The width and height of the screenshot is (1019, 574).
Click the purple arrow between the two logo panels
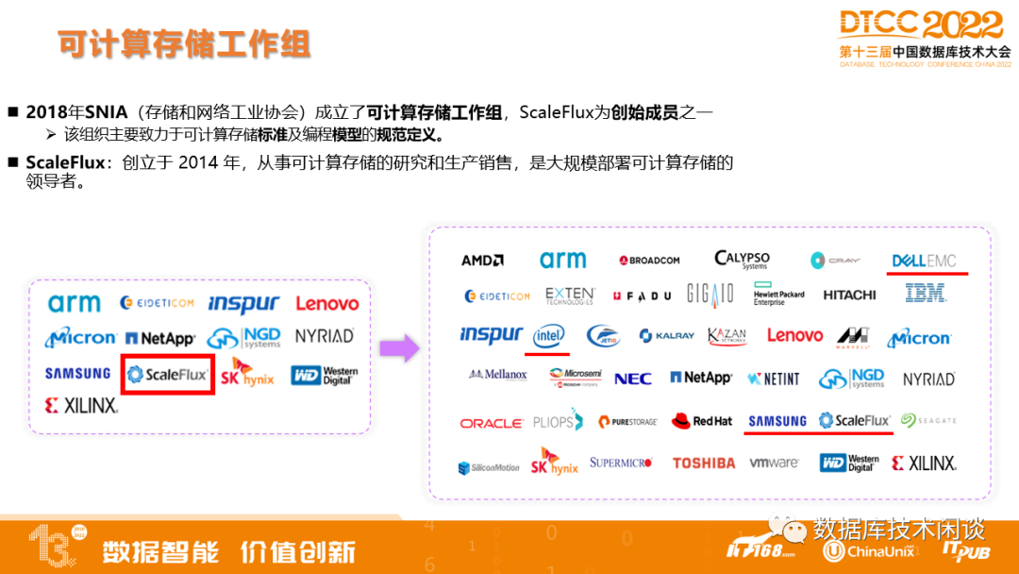(399, 348)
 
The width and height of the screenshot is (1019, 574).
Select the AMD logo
(482, 261)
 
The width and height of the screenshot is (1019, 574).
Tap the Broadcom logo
(649, 261)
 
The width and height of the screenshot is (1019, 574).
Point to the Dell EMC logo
(924, 261)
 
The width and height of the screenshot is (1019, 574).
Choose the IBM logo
(926, 295)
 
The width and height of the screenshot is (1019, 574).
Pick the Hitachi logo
(849, 295)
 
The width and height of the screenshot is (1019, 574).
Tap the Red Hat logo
(702, 421)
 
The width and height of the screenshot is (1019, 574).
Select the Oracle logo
(491, 423)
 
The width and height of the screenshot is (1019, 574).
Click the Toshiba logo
(703, 464)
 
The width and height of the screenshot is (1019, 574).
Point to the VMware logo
(774, 464)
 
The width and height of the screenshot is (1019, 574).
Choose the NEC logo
(632, 379)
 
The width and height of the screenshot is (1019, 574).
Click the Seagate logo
(928, 421)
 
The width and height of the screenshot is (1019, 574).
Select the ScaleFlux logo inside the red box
(167, 375)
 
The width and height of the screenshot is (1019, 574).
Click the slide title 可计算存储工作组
(183, 44)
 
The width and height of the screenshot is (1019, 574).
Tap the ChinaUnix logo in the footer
(869, 550)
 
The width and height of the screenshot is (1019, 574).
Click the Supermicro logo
(621, 463)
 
